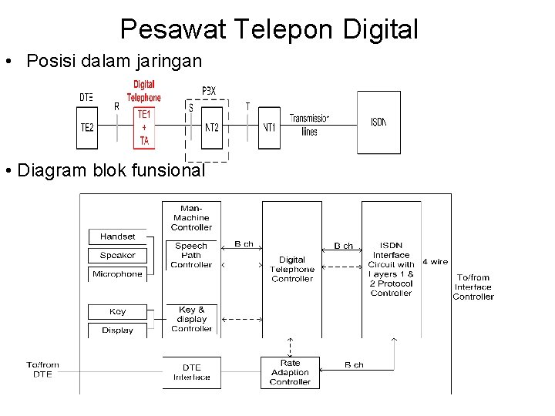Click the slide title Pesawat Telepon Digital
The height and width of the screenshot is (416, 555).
pos(269,29)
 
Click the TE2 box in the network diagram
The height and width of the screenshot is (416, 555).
pos(86,126)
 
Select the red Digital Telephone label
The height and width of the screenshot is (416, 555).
pos(144,92)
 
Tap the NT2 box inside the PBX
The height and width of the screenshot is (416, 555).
pos(211,126)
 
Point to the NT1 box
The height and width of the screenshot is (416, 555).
pos(270,126)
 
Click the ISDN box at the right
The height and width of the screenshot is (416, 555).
pos(378,122)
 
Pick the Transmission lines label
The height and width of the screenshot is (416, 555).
pos(309,124)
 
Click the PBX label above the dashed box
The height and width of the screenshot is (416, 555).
pos(208,91)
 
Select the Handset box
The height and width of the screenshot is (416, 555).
pos(117,237)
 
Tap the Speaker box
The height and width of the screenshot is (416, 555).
pos(117,255)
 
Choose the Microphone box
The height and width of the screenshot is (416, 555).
pos(117,273)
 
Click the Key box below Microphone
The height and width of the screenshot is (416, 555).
pos(117,312)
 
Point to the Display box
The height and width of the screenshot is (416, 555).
pos(117,330)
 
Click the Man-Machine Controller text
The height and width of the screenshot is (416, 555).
pos(191,218)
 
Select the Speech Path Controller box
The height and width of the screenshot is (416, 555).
pos(191,255)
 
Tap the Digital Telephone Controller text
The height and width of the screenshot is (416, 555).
pos(292,269)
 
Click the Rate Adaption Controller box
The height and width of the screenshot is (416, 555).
pos(290,371)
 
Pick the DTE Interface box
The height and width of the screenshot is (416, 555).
pos(191,372)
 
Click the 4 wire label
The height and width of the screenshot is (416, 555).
pos(435,262)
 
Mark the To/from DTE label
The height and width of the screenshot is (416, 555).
pos(42,369)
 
